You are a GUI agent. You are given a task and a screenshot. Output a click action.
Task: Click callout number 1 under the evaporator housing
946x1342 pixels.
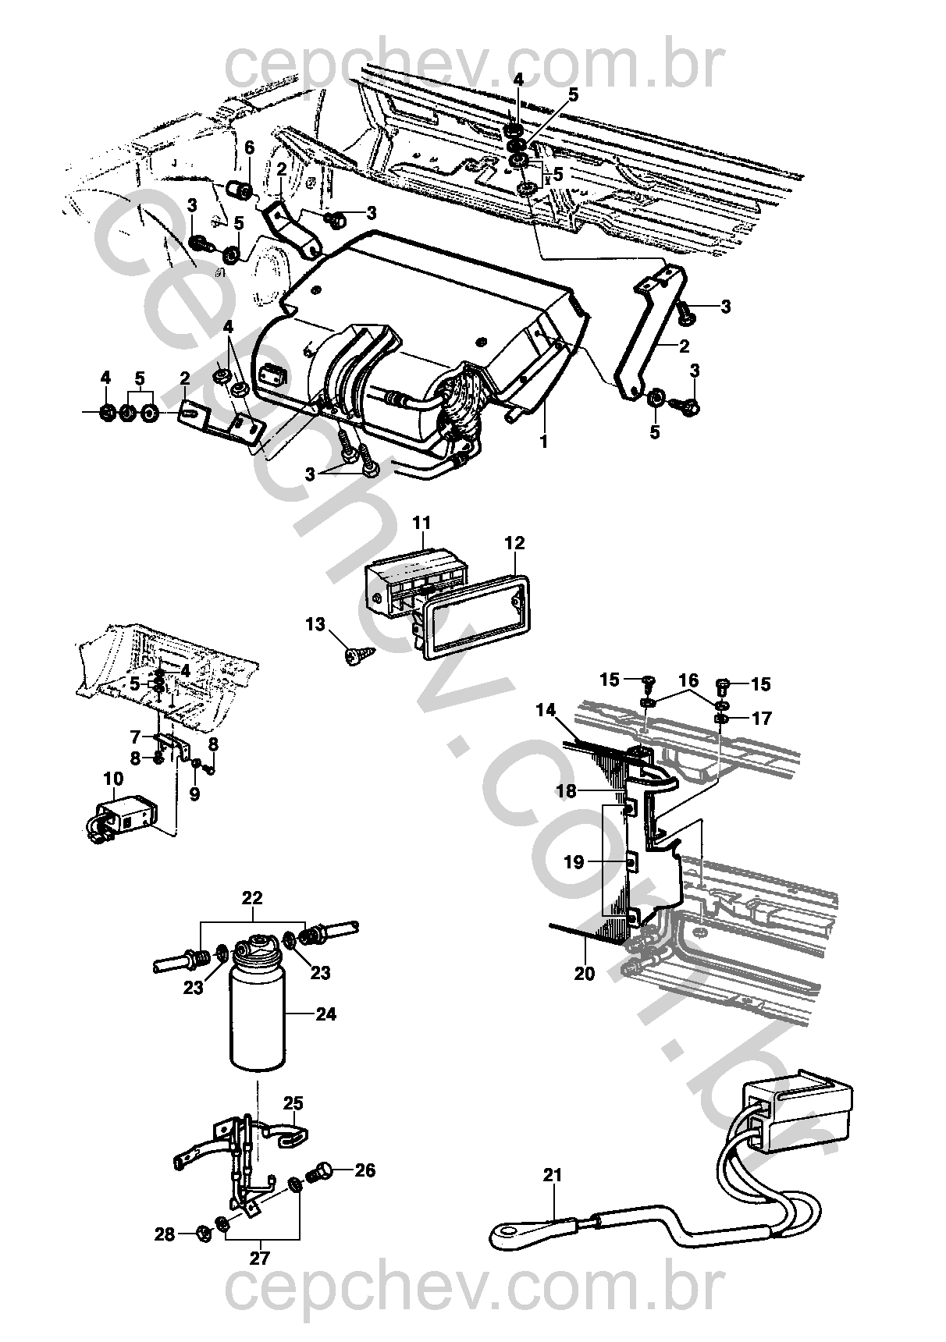(x=543, y=442)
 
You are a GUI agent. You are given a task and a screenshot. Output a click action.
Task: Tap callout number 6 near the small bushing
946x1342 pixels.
(x=250, y=147)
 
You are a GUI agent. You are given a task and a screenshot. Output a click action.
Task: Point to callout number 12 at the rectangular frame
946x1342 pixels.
(x=515, y=542)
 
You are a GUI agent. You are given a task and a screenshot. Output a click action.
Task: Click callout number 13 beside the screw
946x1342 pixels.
(x=315, y=624)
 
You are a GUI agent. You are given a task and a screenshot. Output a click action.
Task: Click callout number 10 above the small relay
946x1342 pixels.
(x=114, y=778)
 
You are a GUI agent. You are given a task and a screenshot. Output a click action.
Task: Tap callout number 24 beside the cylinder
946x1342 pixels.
(x=325, y=1014)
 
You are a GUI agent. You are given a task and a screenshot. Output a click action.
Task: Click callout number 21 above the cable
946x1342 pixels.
(x=552, y=1175)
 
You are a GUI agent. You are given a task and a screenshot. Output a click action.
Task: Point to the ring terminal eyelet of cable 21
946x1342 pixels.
(x=506, y=1232)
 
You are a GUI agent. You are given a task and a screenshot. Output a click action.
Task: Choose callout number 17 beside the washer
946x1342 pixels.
(x=761, y=718)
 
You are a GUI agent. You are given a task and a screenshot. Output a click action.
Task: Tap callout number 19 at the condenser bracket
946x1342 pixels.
(x=574, y=862)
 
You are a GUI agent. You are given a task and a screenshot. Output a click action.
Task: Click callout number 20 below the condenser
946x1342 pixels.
(x=585, y=973)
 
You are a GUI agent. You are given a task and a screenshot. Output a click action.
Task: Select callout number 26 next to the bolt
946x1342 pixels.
(x=365, y=1170)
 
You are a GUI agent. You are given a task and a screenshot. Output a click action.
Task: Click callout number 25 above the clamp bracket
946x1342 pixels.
(x=293, y=1103)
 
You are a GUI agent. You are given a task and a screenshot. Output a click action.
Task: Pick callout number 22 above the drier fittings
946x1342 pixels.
(x=252, y=897)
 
